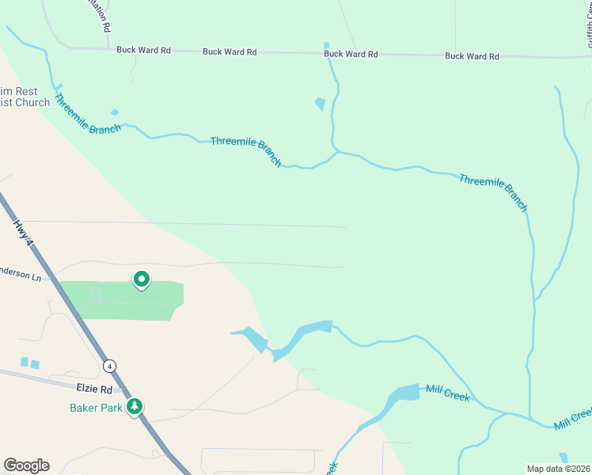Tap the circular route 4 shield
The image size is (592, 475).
coord(109,365)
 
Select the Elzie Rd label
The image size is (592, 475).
coord(94,389)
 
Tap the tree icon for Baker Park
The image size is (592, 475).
coord(135,407)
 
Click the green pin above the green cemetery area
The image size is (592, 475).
coord(142,279)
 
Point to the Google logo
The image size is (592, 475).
coord(26,465)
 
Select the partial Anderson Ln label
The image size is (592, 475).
coord(20,276)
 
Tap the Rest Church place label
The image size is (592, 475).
coord(24,97)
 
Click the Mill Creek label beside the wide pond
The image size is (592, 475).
coord(447,392)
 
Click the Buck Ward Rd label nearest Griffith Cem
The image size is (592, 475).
coord(472,56)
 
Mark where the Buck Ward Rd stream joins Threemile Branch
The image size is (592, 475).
coord(336,150)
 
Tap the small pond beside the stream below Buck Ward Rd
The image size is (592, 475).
coord(320,104)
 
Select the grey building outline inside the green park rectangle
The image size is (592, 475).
coord(96,293)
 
